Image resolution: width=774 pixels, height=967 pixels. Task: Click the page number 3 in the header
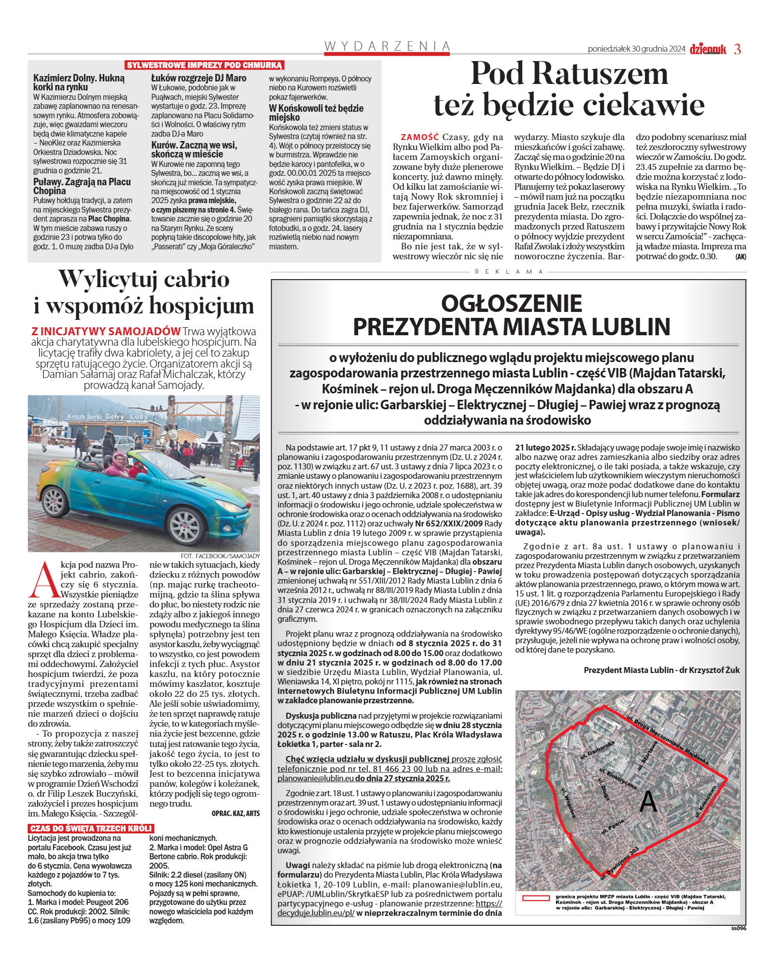click(737, 49)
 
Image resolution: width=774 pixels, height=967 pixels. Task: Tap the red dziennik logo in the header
click(707, 49)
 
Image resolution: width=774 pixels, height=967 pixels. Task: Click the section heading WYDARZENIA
click(387, 46)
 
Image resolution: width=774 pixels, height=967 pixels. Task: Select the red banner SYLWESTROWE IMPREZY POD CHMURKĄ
click(204, 65)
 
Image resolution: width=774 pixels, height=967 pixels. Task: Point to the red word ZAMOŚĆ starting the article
click(420, 137)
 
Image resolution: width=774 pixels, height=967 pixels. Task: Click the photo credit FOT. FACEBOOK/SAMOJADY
click(220, 556)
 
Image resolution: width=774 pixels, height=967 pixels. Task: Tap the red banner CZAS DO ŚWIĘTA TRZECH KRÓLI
click(91, 828)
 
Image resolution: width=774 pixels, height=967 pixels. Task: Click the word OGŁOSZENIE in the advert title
click(511, 303)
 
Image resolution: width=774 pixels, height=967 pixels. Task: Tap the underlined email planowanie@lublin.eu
click(315, 779)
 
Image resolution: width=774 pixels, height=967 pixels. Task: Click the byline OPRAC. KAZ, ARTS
click(235, 814)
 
